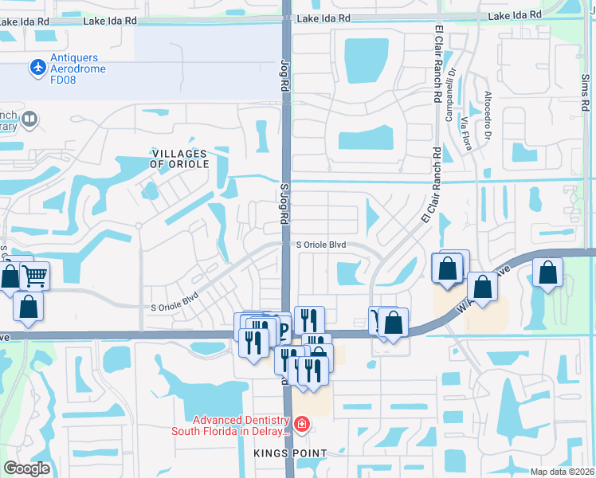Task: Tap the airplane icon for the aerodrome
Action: (37, 68)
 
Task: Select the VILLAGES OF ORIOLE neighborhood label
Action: (179, 159)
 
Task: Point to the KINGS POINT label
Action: (290, 453)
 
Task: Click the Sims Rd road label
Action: (585, 94)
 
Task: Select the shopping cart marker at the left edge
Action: (34, 276)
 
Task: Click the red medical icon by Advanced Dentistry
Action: (301, 423)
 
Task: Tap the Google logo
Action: (26, 468)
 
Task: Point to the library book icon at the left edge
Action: (29, 119)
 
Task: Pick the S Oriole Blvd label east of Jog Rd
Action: (321, 245)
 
